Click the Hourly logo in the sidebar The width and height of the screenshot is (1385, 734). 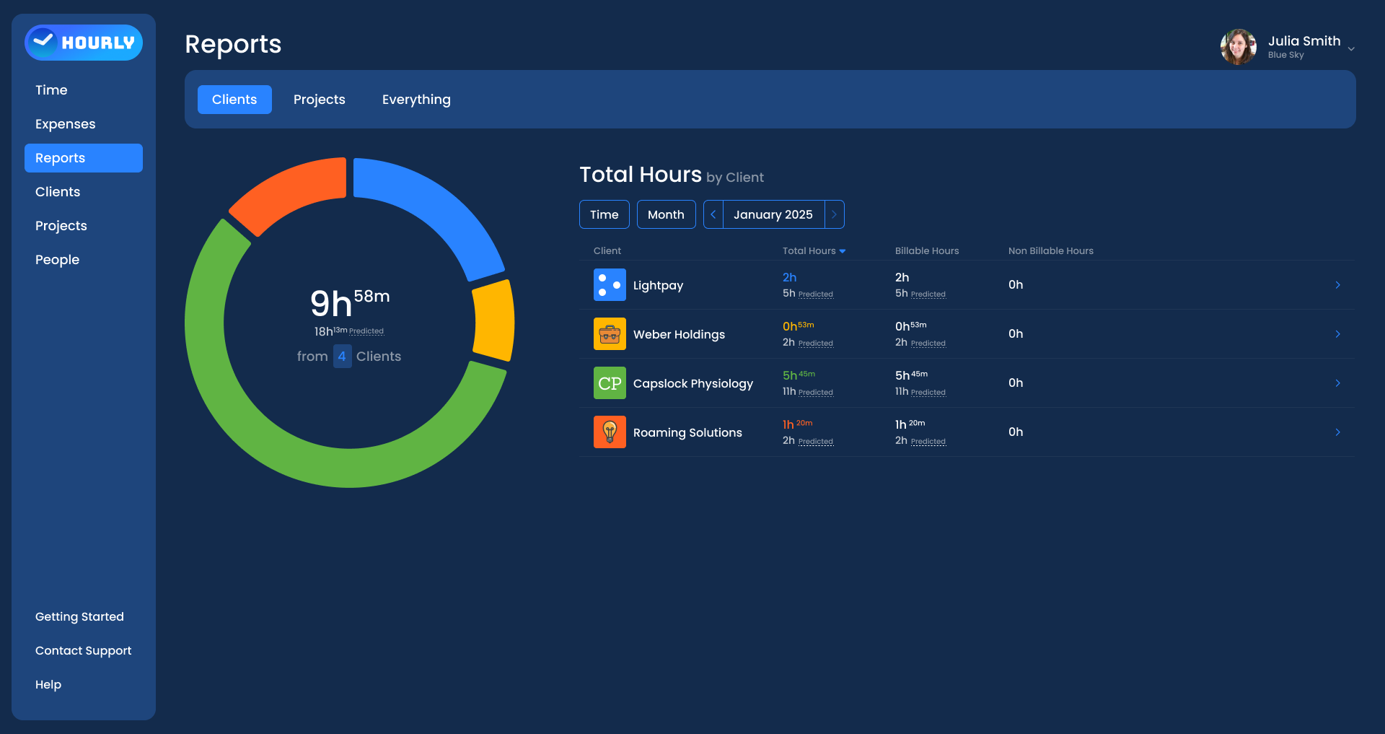[x=84, y=43]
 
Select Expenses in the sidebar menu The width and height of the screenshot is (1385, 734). [x=65, y=124]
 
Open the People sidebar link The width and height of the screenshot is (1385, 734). [x=57, y=260]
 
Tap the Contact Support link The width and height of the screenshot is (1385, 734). [x=83, y=651]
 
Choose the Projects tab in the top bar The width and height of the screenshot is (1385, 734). [x=319, y=100]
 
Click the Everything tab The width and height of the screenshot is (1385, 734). [x=416, y=100]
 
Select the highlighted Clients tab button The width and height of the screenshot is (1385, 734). [x=234, y=100]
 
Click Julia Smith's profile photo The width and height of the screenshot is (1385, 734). [x=1238, y=47]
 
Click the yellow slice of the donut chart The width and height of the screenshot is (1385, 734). [x=494, y=320]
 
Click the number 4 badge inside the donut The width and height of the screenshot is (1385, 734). [x=342, y=357]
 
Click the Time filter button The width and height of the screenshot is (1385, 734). [x=604, y=214]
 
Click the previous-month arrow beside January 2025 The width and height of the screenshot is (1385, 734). [x=713, y=214]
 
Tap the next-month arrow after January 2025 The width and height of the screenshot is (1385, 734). [x=834, y=214]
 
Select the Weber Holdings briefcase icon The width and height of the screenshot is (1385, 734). [x=610, y=334]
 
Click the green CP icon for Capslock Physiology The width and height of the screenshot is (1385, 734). [x=610, y=383]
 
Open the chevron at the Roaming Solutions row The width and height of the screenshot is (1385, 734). [x=1337, y=432]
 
